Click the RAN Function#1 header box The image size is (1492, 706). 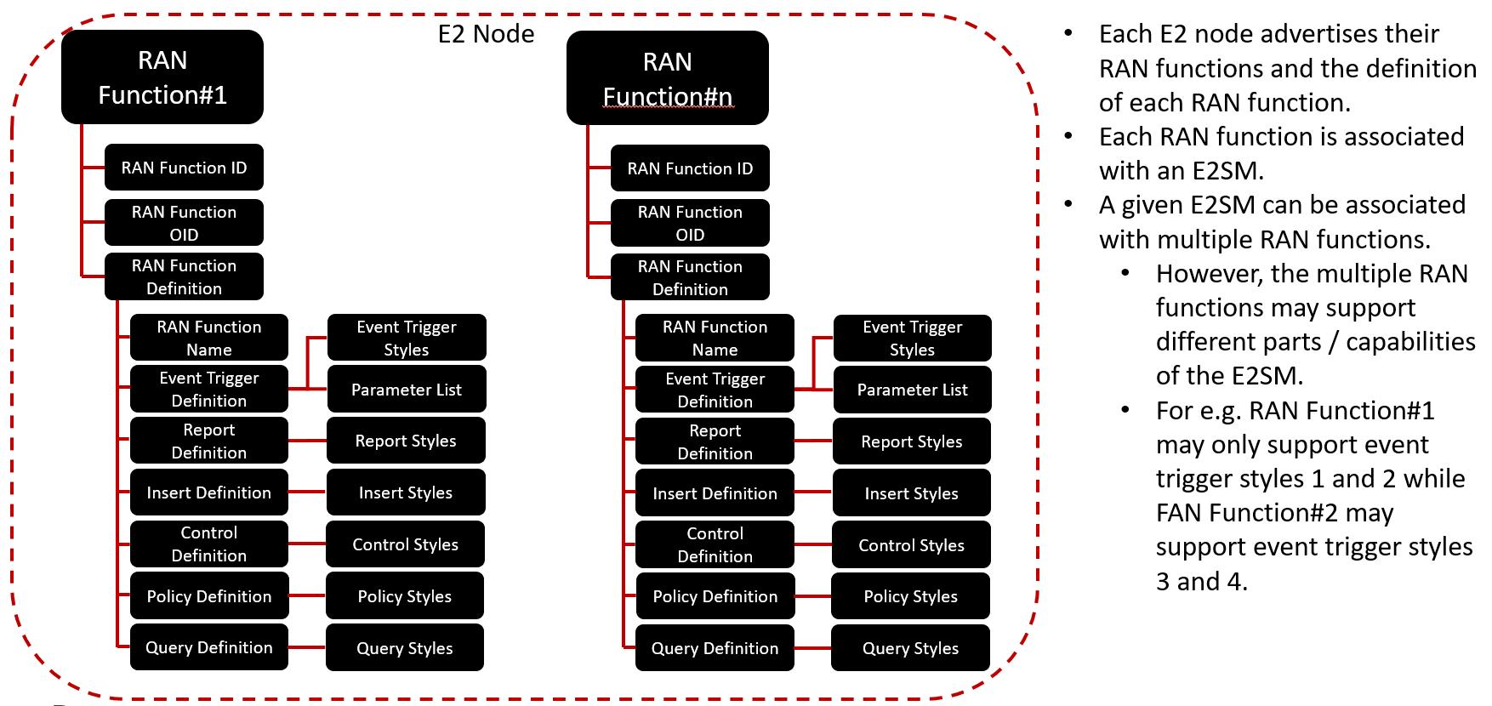[x=162, y=77]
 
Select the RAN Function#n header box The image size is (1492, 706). [x=668, y=78]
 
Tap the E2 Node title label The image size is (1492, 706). [x=486, y=34]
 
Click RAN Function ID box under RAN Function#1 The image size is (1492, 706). [x=184, y=168]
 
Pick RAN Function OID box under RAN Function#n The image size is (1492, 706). [x=690, y=223]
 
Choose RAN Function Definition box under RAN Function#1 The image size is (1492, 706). [x=184, y=276]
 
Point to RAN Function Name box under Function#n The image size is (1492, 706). [x=715, y=338]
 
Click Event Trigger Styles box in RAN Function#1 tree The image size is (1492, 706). [x=407, y=338]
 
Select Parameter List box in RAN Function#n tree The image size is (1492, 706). [x=912, y=390]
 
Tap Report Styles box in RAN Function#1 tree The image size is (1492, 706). [x=406, y=441]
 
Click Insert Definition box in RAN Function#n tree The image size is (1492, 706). [x=715, y=493]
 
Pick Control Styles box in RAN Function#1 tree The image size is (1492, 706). [x=405, y=544]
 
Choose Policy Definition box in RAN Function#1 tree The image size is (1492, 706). [x=208, y=596]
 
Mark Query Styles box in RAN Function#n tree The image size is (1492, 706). [x=910, y=648]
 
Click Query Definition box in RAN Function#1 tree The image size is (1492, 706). [x=208, y=647]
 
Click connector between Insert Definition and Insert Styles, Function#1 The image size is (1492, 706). [x=307, y=492]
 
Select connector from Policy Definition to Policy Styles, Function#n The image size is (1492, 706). [x=812, y=596]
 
